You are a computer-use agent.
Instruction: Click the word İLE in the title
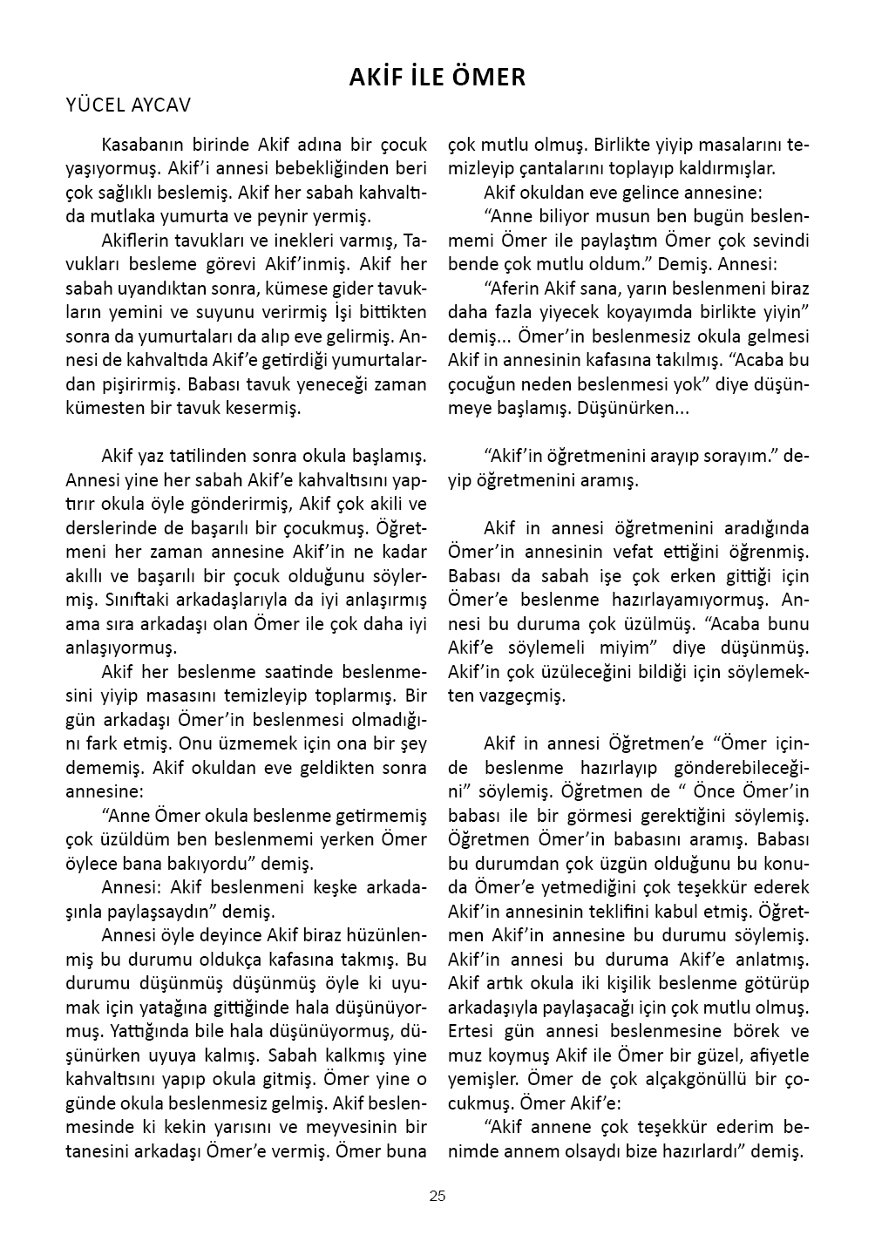pos(426,78)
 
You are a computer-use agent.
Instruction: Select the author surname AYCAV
pos(160,105)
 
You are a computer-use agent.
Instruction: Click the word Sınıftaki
pos(143,600)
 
